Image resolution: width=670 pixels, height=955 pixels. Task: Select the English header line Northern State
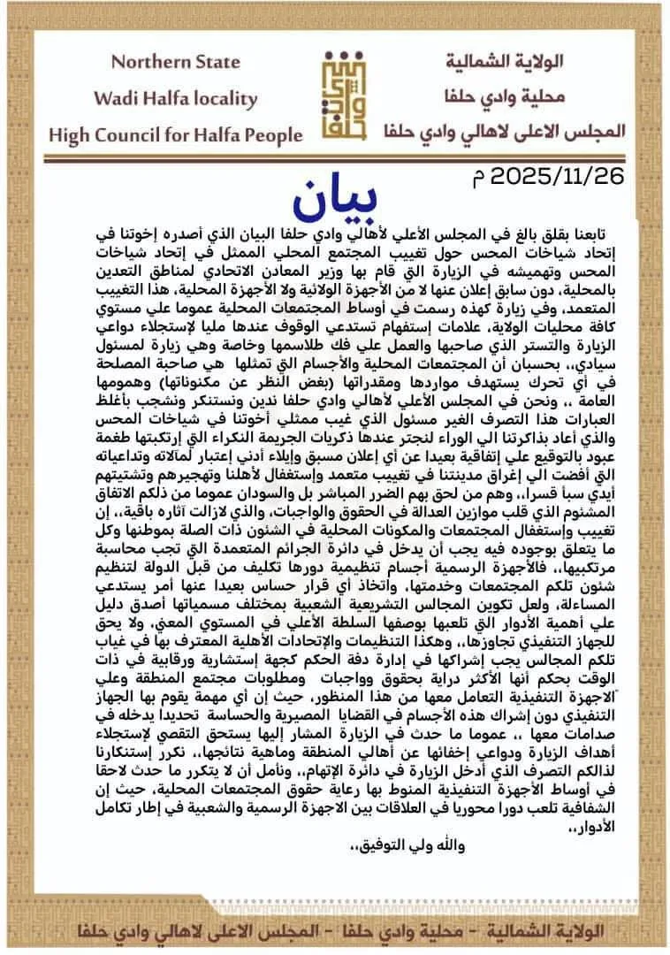(x=175, y=62)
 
